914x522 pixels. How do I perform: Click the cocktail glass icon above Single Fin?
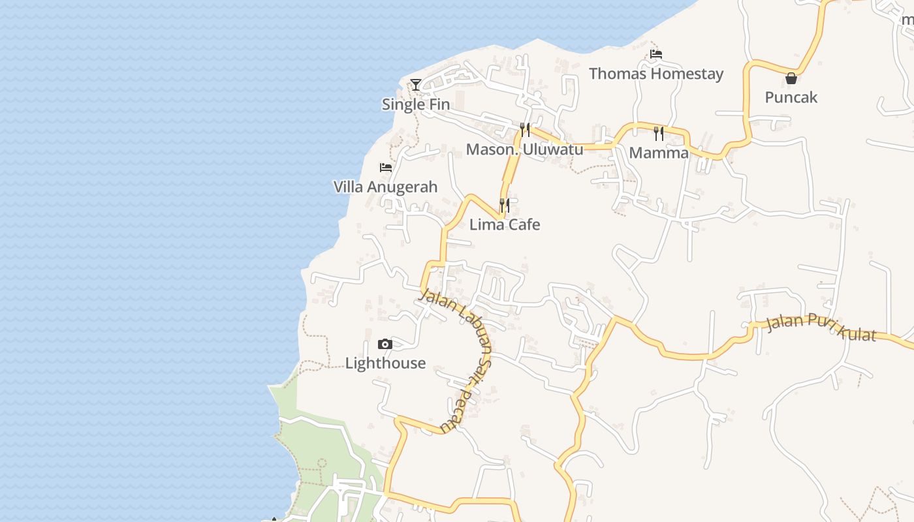click(415, 84)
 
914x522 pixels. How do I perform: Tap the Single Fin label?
click(416, 104)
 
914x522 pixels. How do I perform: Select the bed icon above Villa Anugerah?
click(386, 168)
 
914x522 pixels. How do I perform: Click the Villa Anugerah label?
click(385, 187)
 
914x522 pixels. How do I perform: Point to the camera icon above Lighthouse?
click(385, 344)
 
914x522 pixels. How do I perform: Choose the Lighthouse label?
click(385, 363)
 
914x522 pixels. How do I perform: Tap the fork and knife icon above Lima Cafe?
click(505, 206)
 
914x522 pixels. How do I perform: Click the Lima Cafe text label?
click(505, 225)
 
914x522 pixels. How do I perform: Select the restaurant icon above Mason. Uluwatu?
click(525, 129)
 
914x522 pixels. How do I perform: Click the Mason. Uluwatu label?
click(524, 149)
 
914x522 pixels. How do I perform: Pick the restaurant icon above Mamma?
click(659, 134)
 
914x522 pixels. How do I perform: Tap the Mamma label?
click(659, 153)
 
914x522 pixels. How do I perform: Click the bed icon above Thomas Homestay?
click(656, 54)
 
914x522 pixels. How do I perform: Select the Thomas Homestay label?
click(656, 74)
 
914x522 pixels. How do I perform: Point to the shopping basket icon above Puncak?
click(791, 78)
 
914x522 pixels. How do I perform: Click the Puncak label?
click(791, 98)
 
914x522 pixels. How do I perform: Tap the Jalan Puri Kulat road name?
click(821, 327)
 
